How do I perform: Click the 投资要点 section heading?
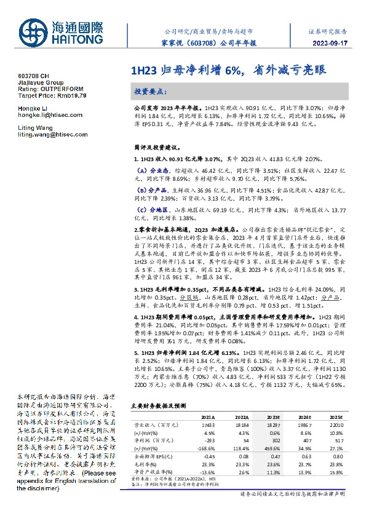[x=151, y=91]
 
